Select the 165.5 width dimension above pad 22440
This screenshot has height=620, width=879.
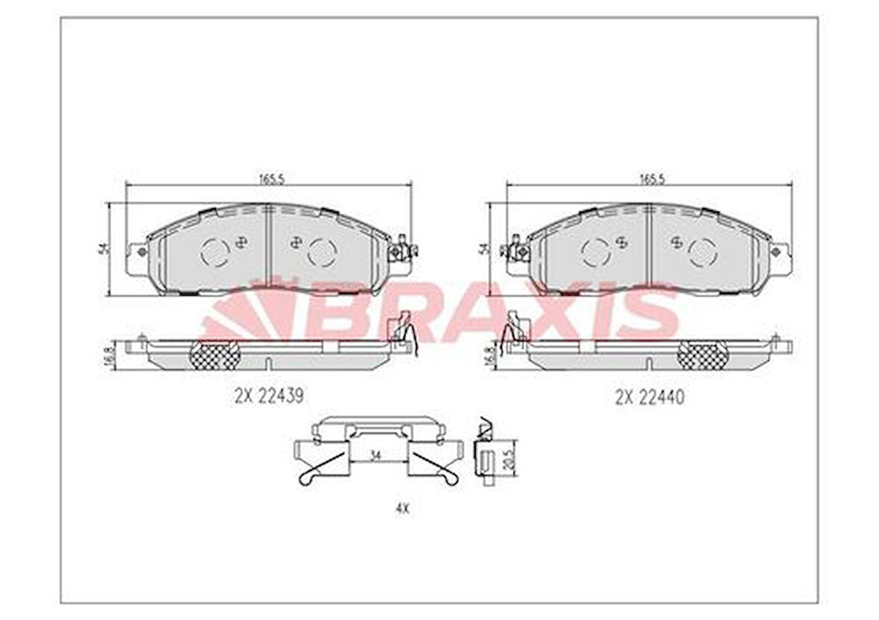pos(651,179)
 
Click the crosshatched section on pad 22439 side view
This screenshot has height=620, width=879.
pos(215,355)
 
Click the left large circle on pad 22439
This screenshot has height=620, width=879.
pos(215,252)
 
